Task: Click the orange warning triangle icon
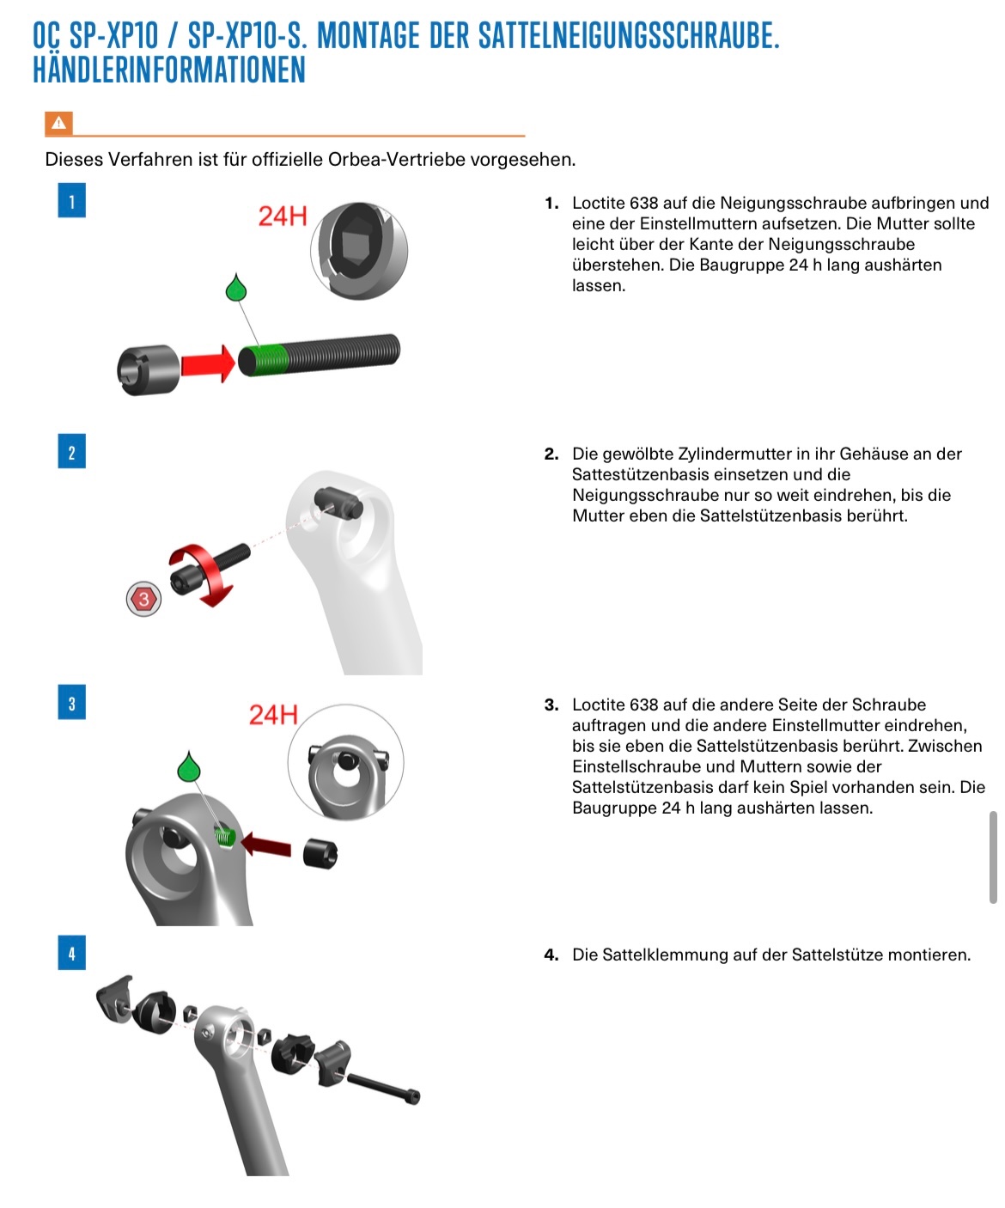(x=58, y=124)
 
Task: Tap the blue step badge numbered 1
(x=71, y=200)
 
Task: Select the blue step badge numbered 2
(x=71, y=452)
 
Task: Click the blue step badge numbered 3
(x=71, y=703)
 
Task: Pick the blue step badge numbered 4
(x=71, y=953)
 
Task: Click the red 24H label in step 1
(x=283, y=216)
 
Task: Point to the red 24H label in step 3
(x=273, y=715)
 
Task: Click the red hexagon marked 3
(x=143, y=599)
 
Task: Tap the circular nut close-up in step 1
(x=358, y=249)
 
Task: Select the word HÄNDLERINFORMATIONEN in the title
(x=169, y=70)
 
